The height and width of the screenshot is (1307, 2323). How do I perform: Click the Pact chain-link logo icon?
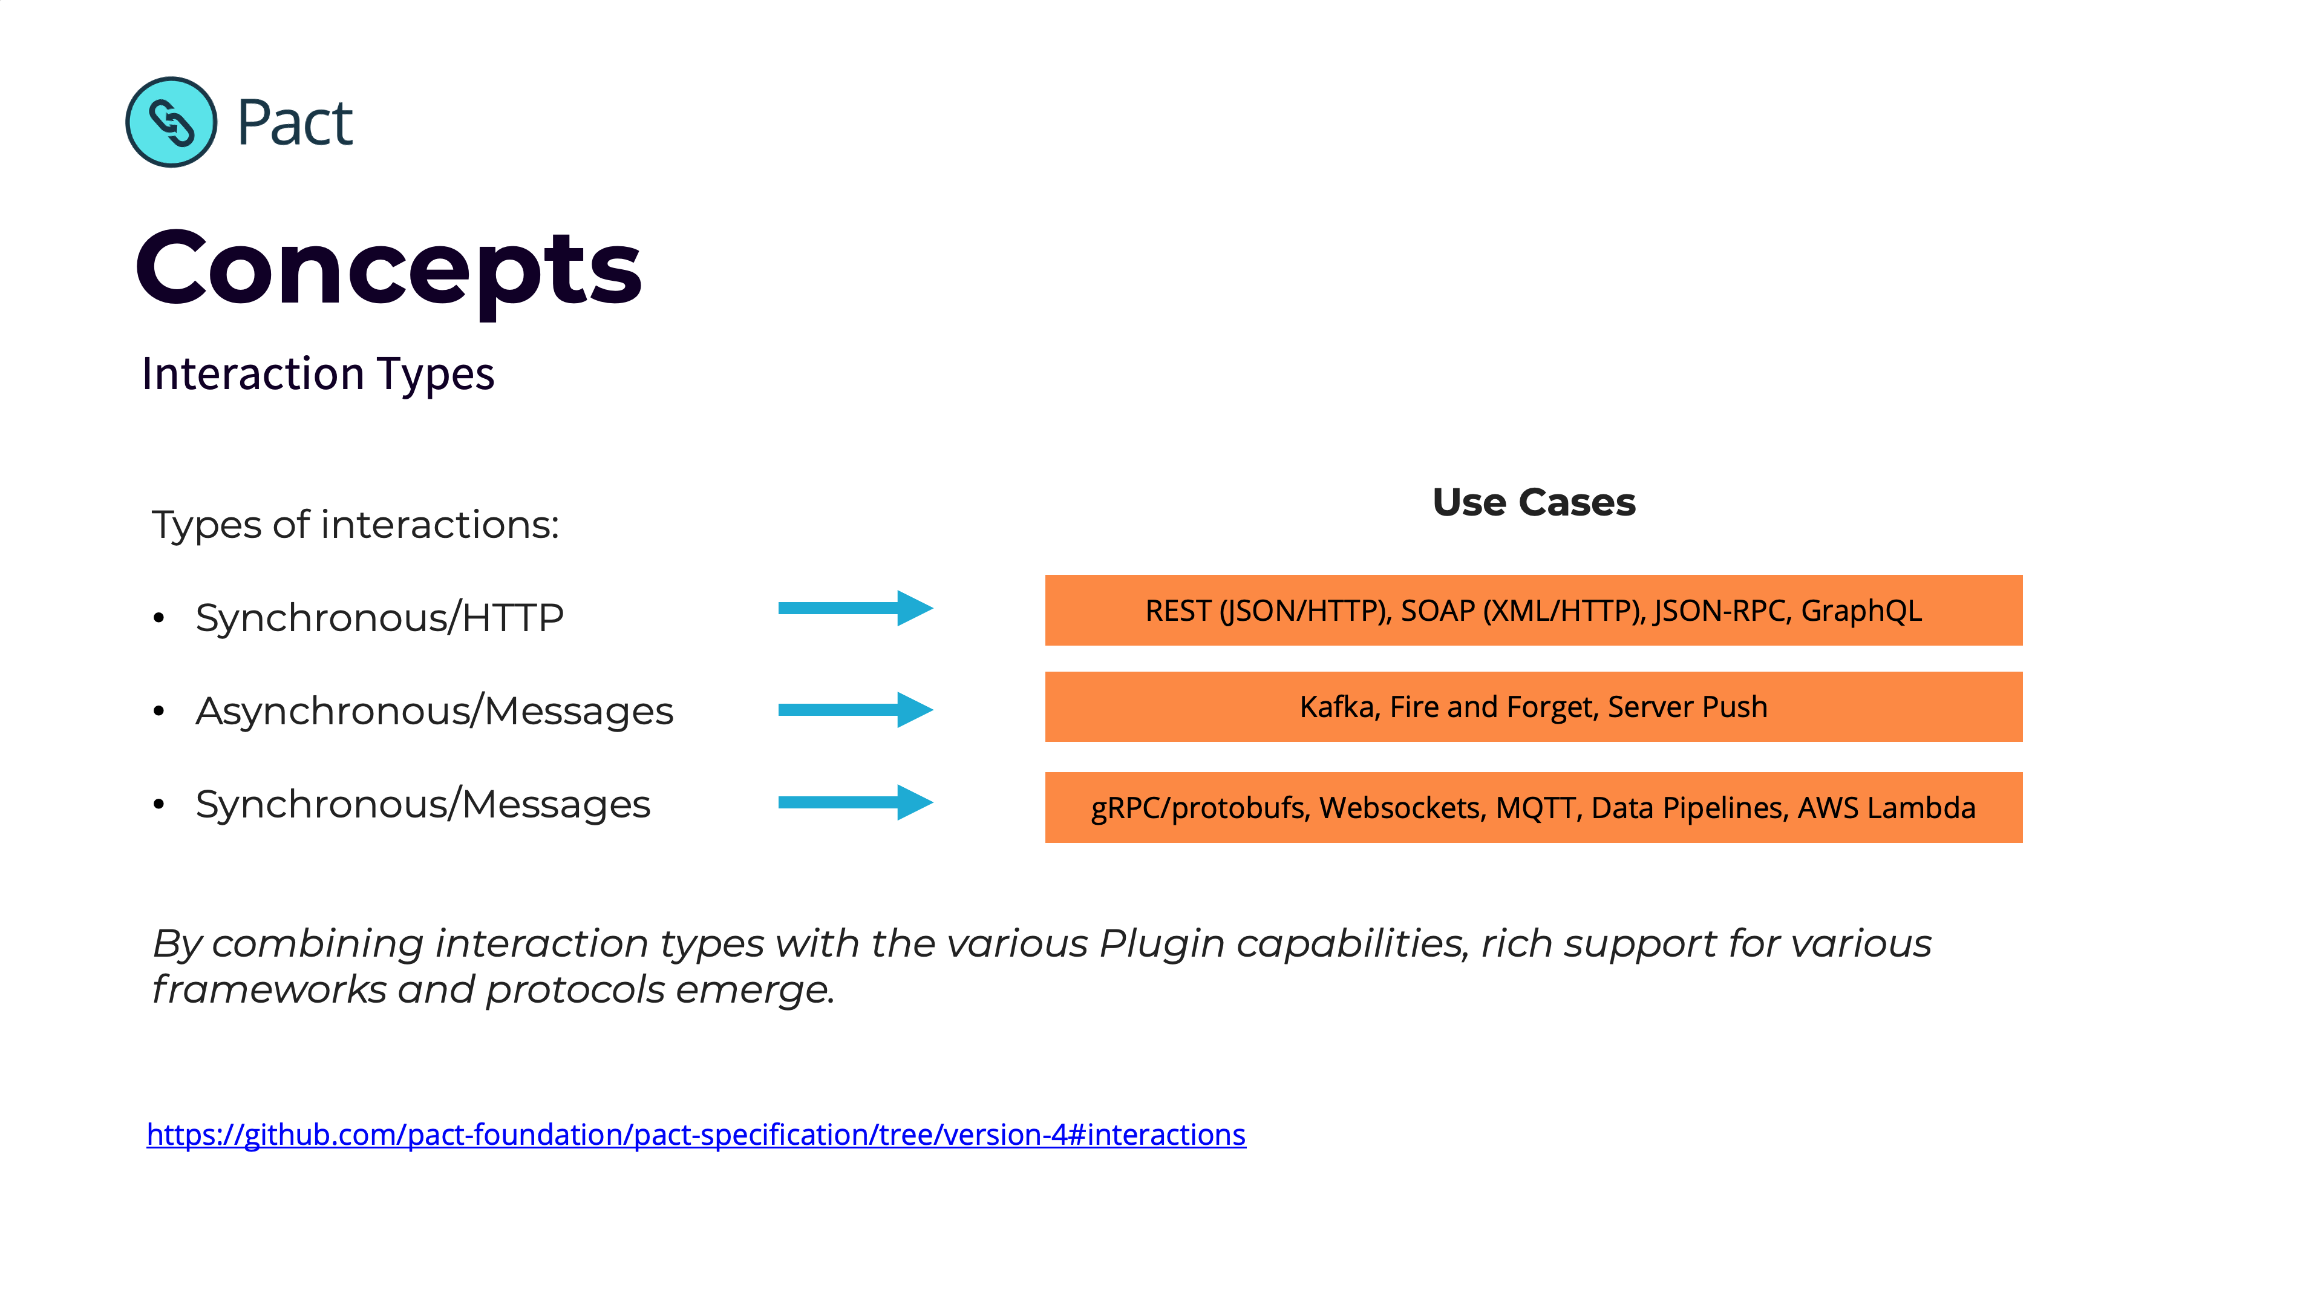[x=171, y=122]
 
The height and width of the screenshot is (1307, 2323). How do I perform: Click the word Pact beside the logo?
[x=294, y=123]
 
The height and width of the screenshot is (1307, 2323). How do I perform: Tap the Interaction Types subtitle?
[x=318, y=373]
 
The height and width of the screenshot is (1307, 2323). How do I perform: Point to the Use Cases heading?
[x=1533, y=502]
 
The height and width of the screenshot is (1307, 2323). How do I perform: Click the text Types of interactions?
[x=355, y=525]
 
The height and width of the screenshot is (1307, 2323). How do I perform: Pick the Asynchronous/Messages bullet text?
[x=434, y=711]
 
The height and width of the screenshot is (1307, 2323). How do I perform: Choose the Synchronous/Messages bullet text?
[x=422, y=805]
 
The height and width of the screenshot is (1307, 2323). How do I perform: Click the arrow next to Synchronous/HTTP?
[x=854, y=609]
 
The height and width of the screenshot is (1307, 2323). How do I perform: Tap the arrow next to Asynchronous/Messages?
[x=854, y=710]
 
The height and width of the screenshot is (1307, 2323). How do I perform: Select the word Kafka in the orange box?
[x=1338, y=707]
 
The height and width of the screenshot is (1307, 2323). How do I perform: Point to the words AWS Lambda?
[x=1887, y=808]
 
